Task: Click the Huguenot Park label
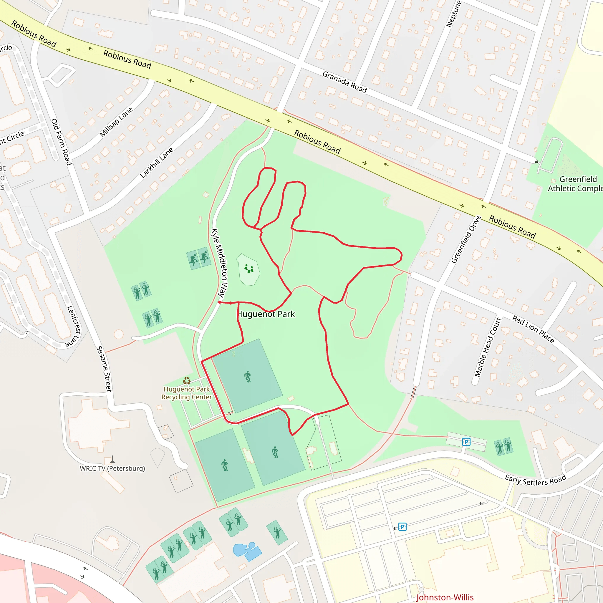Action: [x=266, y=314]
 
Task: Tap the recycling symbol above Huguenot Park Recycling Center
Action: [x=187, y=380]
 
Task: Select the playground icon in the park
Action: [x=249, y=269]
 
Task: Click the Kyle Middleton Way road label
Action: [x=220, y=263]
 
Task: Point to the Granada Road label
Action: [x=344, y=82]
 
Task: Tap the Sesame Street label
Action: [x=104, y=369]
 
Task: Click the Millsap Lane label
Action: [x=116, y=122]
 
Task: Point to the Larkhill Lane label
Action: [x=156, y=163]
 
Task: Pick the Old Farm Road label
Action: [x=62, y=142]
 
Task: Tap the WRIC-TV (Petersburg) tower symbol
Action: [x=112, y=459]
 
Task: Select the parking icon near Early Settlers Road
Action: [x=466, y=442]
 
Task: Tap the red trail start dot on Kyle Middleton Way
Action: [x=220, y=302]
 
